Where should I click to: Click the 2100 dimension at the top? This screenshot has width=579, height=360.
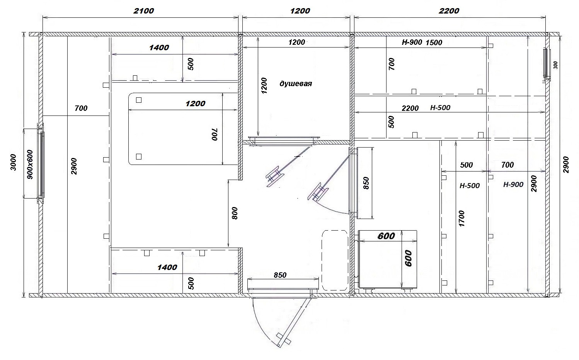143,11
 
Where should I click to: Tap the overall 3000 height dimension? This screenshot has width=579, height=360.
13,163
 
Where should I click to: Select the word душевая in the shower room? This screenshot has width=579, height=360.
296,84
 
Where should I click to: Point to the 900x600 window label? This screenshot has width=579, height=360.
30,165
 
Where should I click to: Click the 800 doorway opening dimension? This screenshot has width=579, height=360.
235,213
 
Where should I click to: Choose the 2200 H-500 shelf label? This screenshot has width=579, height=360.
426,108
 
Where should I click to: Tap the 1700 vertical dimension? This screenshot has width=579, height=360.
461,219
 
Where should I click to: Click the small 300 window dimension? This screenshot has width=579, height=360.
555,65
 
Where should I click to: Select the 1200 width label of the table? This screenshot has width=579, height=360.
195,104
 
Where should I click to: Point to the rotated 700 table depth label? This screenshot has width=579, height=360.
215,134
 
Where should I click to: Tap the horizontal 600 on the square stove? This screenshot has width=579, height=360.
386,236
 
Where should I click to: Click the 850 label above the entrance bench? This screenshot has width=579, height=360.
280,275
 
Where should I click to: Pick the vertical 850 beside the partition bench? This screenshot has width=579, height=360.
366,183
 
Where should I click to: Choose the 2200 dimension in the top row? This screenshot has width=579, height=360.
449,11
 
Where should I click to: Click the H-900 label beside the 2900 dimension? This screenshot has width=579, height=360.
513,184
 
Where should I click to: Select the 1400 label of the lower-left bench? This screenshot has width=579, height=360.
167,267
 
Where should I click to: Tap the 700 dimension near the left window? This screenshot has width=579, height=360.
81,108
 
